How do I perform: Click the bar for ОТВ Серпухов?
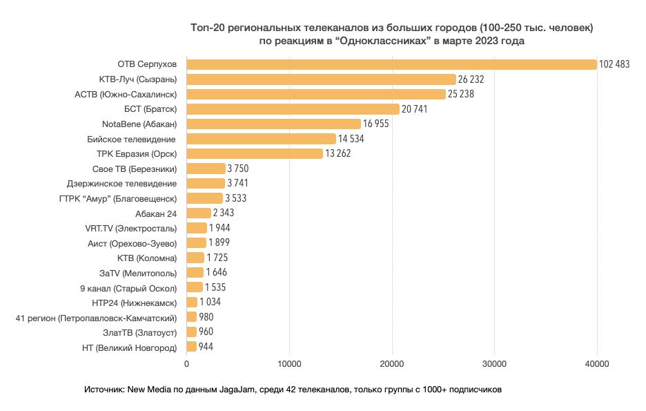click(x=391, y=64)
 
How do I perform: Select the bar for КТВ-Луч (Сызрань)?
click(x=322, y=79)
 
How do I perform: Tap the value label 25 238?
click(x=461, y=94)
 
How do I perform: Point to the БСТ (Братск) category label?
click(x=153, y=109)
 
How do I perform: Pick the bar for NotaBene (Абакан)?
click(x=274, y=124)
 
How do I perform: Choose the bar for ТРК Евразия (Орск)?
click(x=255, y=153)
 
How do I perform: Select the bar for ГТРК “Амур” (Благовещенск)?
click(x=205, y=198)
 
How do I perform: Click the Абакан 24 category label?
click(x=157, y=213)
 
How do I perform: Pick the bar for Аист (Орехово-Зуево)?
click(x=197, y=242)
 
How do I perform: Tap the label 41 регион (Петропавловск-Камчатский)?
click(x=97, y=318)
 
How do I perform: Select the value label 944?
click(x=206, y=347)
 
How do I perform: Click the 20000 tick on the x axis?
click(x=392, y=363)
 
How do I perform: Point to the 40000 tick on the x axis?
click(x=596, y=363)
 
